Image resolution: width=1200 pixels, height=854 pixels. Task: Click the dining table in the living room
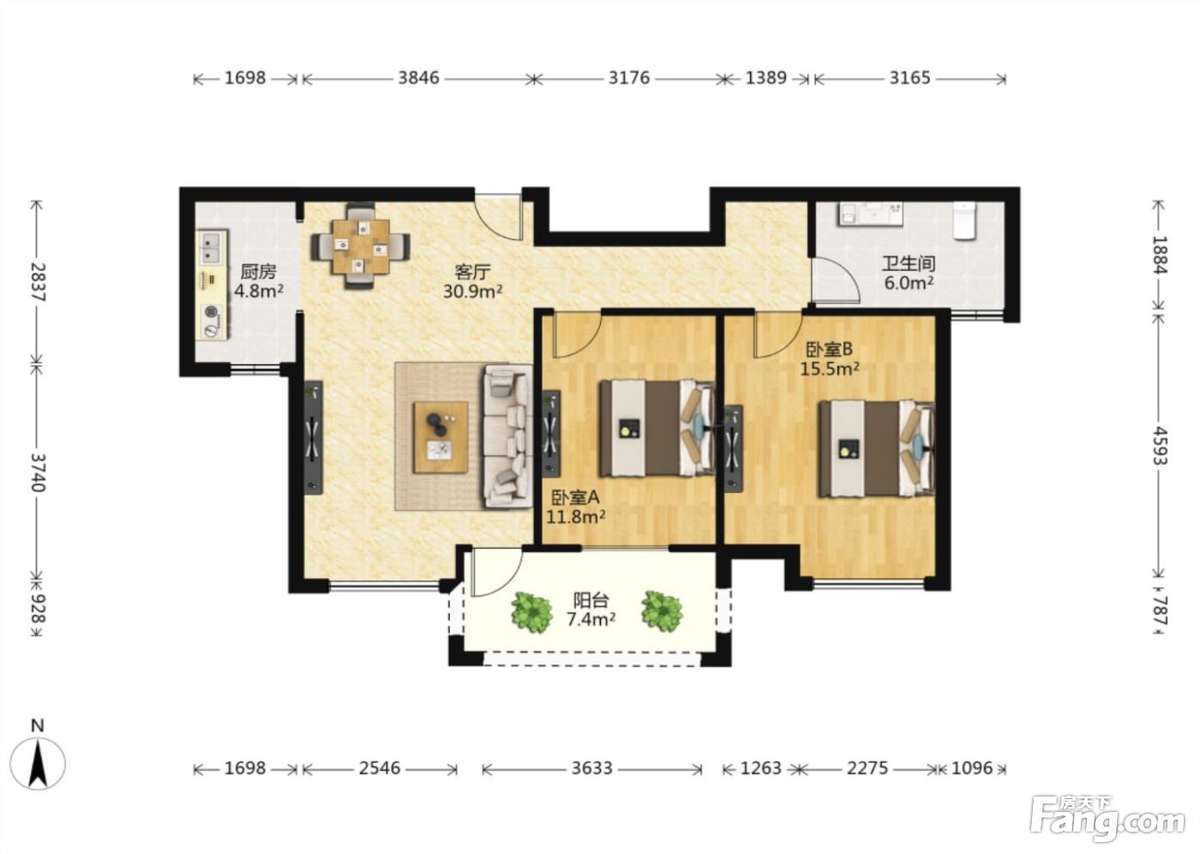point(361,246)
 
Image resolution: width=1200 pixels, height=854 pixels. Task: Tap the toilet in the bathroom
point(963,220)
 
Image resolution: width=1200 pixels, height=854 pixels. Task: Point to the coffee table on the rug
point(441,437)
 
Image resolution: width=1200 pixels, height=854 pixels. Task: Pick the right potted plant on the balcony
point(662,610)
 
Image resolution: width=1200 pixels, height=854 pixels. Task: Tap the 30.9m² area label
point(472,292)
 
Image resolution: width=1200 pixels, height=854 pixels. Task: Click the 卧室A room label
point(575,497)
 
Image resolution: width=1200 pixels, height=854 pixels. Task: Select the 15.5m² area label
point(830,369)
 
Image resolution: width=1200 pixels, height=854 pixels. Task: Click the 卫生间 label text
point(909,263)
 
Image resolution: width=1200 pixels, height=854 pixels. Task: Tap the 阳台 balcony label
point(591,600)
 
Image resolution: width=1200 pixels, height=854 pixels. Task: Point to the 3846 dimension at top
point(418,78)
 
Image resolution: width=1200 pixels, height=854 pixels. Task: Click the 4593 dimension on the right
point(1159,446)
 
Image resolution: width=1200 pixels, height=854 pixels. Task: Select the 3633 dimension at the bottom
point(591,768)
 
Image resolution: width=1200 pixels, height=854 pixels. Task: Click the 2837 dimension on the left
point(39,282)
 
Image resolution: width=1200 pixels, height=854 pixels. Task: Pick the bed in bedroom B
point(876,448)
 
